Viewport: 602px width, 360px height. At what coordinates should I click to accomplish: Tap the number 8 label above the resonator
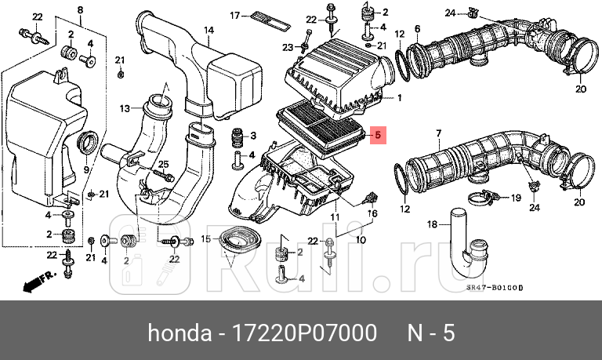coord(79,9)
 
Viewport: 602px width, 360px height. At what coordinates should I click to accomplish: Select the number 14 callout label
coord(209,31)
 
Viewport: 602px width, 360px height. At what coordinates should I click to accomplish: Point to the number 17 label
coord(234,16)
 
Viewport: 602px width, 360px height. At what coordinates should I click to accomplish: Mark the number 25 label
coord(164,164)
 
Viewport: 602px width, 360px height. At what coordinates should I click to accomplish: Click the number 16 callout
coord(373,213)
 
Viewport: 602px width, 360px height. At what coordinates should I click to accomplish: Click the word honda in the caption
coord(176,333)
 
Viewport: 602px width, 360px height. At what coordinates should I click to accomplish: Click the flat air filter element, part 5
coord(321,125)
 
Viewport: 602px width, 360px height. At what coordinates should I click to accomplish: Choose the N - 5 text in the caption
coord(430,333)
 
